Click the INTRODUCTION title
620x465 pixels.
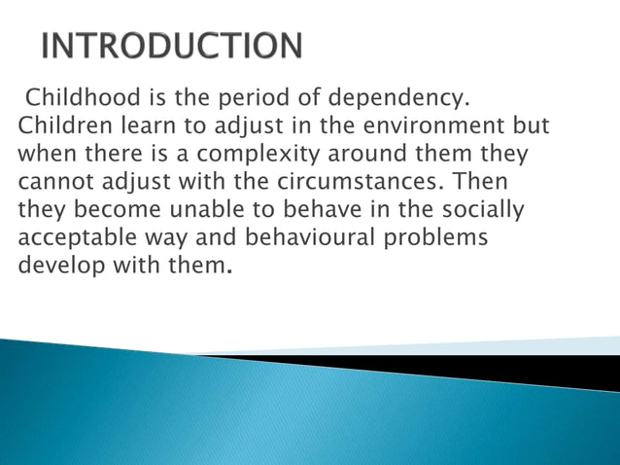(x=171, y=46)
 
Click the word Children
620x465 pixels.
(x=64, y=126)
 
